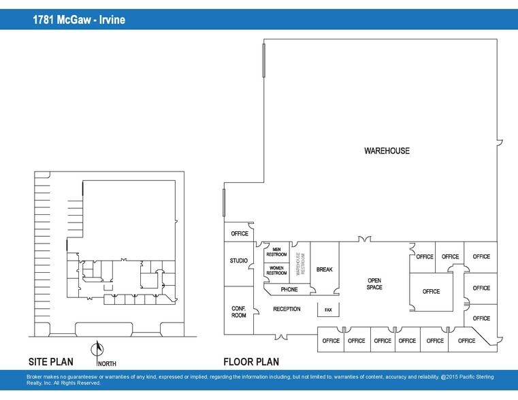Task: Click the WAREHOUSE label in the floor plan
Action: click(x=387, y=150)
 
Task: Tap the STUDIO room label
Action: click(x=239, y=261)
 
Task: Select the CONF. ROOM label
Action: click(x=239, y=312)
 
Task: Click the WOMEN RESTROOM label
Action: click(x=276, y=270)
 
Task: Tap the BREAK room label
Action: click(x=325, y=270)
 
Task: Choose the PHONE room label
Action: click(x=289, y=289)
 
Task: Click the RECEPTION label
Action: click(x=287, y=310)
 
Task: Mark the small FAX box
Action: click(x=328, y=310)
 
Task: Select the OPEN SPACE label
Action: click(x=374, y=284)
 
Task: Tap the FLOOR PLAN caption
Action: click(x=251, y=362)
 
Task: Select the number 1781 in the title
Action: click(x=45, y=20)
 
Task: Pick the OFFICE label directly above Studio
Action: click(x=240, y=233)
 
